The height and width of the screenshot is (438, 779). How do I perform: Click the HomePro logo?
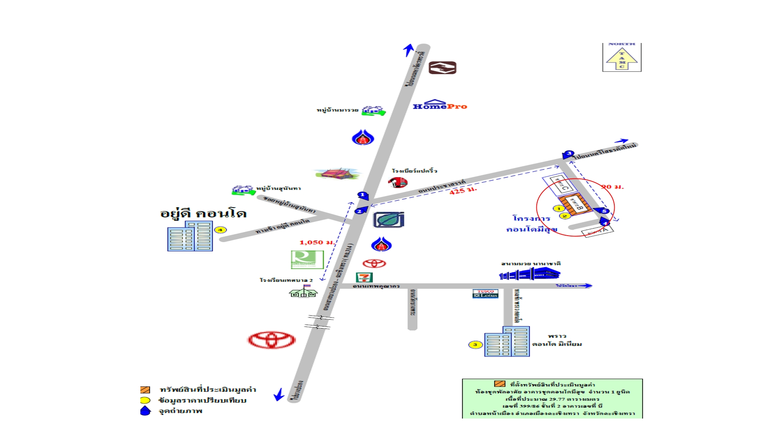(440, 105)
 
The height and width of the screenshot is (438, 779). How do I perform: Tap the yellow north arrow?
(622, 59)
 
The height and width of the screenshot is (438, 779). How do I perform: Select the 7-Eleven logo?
(364, 277)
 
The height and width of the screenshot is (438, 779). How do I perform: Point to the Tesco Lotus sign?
(485, 294)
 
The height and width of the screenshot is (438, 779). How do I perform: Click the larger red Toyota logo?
(271, 340)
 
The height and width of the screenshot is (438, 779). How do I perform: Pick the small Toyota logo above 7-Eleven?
(374, 264)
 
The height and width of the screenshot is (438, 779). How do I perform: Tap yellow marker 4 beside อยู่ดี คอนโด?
(220, 230)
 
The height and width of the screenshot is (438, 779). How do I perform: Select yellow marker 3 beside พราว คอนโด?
(475, 345)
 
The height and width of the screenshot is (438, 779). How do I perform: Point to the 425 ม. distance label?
(463, 190)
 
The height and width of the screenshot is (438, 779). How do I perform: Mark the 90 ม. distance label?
(612, 187)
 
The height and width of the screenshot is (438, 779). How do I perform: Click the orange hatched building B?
(575, 205)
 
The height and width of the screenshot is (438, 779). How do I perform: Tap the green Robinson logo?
(307, 260)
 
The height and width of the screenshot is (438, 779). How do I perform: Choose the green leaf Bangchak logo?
(388, 220)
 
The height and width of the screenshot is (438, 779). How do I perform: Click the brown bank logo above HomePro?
(442, 68)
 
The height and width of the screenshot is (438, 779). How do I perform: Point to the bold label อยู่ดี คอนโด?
(203, 213)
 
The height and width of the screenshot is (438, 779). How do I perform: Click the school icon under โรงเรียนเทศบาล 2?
(303, 292)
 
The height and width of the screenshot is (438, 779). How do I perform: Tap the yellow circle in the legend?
(145, 400)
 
